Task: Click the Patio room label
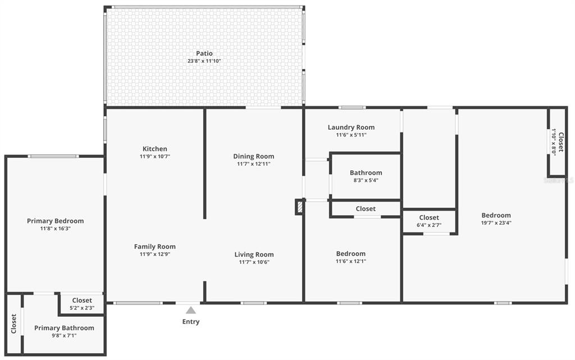pyautogui.click(x=204, y=53)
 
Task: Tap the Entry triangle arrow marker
pyautogui.click(x=191, y=311)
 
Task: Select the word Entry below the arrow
pyautogui.click(x=191, y=321)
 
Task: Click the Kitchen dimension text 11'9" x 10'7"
pyautogui.click(x=155, y=156)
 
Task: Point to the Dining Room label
pyautogui.click(x=254, y=156)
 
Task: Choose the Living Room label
pyautogui.click(x=254, y=254)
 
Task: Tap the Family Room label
pyautogui.click(x=155, y=247)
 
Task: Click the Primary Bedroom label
pyautogui.click(x=56, y=221)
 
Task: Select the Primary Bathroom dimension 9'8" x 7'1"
pyautogui.click(x=64, y=335)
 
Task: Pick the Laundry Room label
pyautogui.click(x=352, y=127)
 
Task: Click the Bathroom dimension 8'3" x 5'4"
pyautogui.click(x=366, y=180)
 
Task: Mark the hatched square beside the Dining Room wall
pyautogui.click(x=300, y=207)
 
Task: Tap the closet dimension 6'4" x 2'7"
pyautogui.click(x=429, y=225)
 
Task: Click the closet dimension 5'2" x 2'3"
pyautogui.click(x=82, y=308)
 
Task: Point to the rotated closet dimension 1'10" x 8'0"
pyautogui.click(x=554, y=142)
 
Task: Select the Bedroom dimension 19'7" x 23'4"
pyautogui.click(x=496, y=223)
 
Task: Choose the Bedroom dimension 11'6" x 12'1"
pyautogui.click(x=351, y=261)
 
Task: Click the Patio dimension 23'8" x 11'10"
pyautogui.click(x=204, y=61)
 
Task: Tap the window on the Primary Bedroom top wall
pyautogui.click(x=53, y=157)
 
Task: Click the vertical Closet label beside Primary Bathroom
pyautogui.click(x=14, y=323)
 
